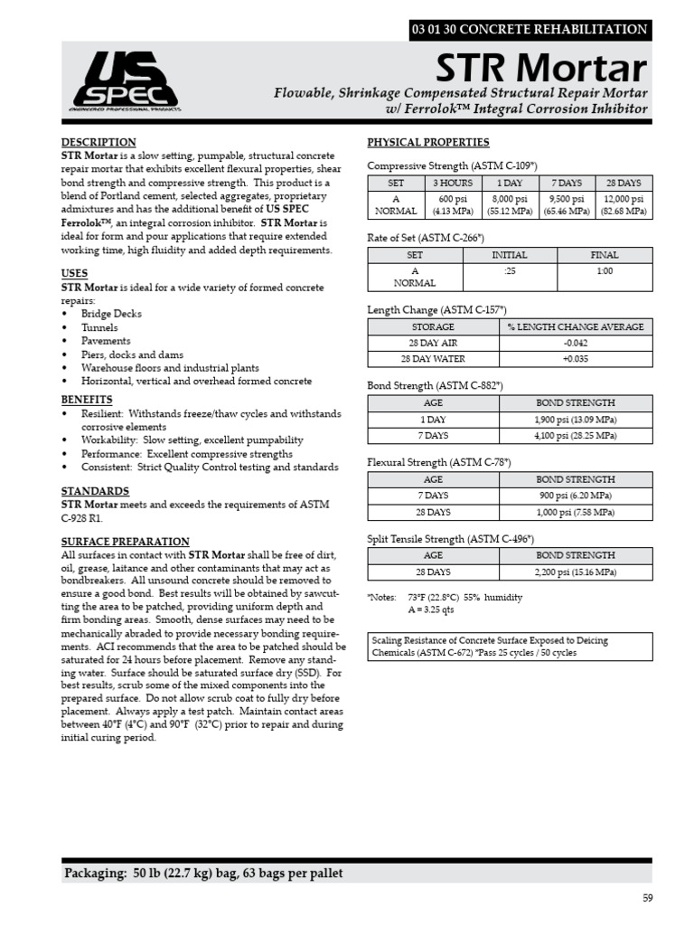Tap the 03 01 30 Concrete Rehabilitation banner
point(529,29)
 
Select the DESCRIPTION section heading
point(98,143)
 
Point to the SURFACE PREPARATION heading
point(125,542)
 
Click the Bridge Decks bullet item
point(111,314)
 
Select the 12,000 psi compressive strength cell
point(623,205)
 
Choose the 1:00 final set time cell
point(604,271)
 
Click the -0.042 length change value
point(576,343)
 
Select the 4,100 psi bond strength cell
point(576,435)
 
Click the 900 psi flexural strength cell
point(576,496)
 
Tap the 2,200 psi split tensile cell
point(576,572)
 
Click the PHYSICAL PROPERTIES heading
point(428,143)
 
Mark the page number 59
point(645,898)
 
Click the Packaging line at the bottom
point(203,874)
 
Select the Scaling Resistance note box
point(509,647)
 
